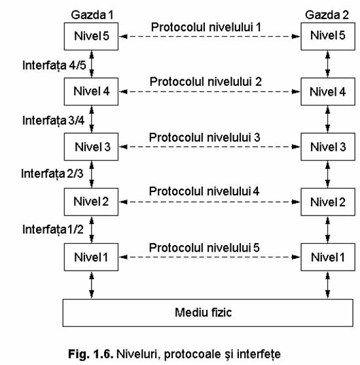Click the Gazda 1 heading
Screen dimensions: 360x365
pos(92,15)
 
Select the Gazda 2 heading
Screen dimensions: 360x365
pos(327,15)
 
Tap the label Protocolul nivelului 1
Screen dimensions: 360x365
pos(206,28)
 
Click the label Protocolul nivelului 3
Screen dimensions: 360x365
pos(205,138)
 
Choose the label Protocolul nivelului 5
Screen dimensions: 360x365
pos(204,248)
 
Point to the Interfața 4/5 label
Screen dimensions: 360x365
pos(54,66)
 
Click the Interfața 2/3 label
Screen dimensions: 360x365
pos(52,174)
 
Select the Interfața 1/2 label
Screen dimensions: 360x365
pos(53,229)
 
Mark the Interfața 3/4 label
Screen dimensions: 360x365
pos(54,121)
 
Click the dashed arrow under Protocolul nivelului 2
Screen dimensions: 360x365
pos(209,92)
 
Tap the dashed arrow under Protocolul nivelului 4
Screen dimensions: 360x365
pos(209,202)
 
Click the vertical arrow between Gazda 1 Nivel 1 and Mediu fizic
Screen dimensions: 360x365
pos(92,285)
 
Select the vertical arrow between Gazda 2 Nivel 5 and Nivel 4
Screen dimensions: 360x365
pos(328,64)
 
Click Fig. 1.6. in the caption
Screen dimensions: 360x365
pos(91,354)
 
